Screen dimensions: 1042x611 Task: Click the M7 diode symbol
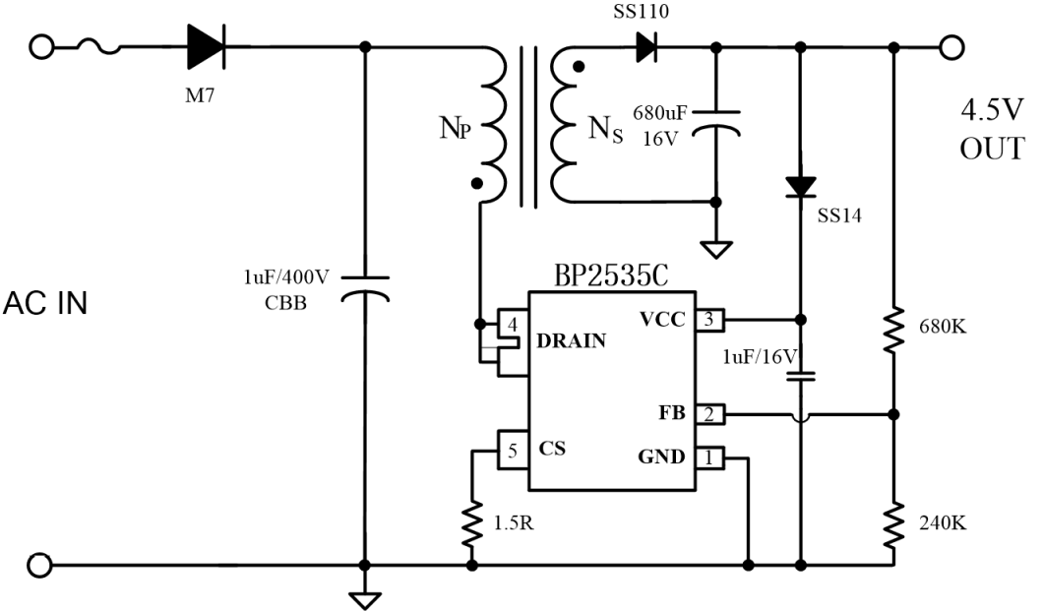pos(207,46)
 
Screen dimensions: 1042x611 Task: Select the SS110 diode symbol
pos(646,47)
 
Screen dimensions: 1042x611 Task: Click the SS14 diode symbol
pos(801,188)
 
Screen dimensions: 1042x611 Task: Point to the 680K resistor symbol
pos(894,329)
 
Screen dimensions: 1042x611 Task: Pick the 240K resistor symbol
pos(894,523)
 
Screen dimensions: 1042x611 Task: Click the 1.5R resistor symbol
pos(472,523)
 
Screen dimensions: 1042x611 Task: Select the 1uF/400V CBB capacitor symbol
pos(365,288)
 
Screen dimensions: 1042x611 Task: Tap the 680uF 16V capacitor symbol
pos(715,124)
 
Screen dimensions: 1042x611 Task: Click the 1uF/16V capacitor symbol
pos(801,376)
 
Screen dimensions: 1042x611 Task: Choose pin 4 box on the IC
pos(513,325)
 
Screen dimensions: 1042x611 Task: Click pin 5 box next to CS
pos(513,452)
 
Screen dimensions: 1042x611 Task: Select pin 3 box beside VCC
pos(709,320)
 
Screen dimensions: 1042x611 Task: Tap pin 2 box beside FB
pos(709,414)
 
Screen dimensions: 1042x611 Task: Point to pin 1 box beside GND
pos(709,458)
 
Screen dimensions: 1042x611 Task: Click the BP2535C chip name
pos(611,275)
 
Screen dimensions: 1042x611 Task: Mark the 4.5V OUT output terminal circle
pos(950,47)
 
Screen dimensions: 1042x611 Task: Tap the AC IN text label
pos(45,303)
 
